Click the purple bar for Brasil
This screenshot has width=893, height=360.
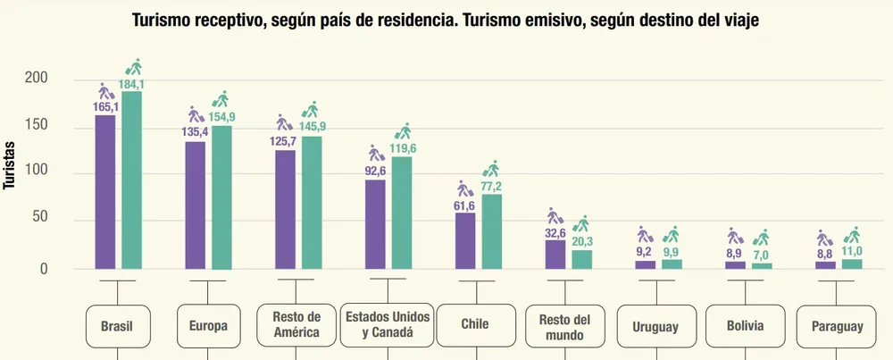click(x=104, y=192)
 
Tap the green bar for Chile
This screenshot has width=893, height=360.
click(x=491, y=231)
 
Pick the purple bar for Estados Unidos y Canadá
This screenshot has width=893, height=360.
click(x=375, y=224)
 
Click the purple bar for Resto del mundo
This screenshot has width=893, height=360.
click(x=555, y=254)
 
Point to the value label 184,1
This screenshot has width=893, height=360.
click(x=132, y=85)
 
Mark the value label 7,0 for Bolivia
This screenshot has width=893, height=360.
click(x=762, y=254)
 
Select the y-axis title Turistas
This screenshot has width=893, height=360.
click(x=10, y=165)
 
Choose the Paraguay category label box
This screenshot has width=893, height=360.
click(x=837, y=327)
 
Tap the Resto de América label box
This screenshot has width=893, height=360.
click(x=296, y=326)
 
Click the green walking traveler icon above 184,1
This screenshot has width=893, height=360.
click(x=134, y=67)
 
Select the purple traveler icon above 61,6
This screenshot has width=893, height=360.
click(x=464, y=188)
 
